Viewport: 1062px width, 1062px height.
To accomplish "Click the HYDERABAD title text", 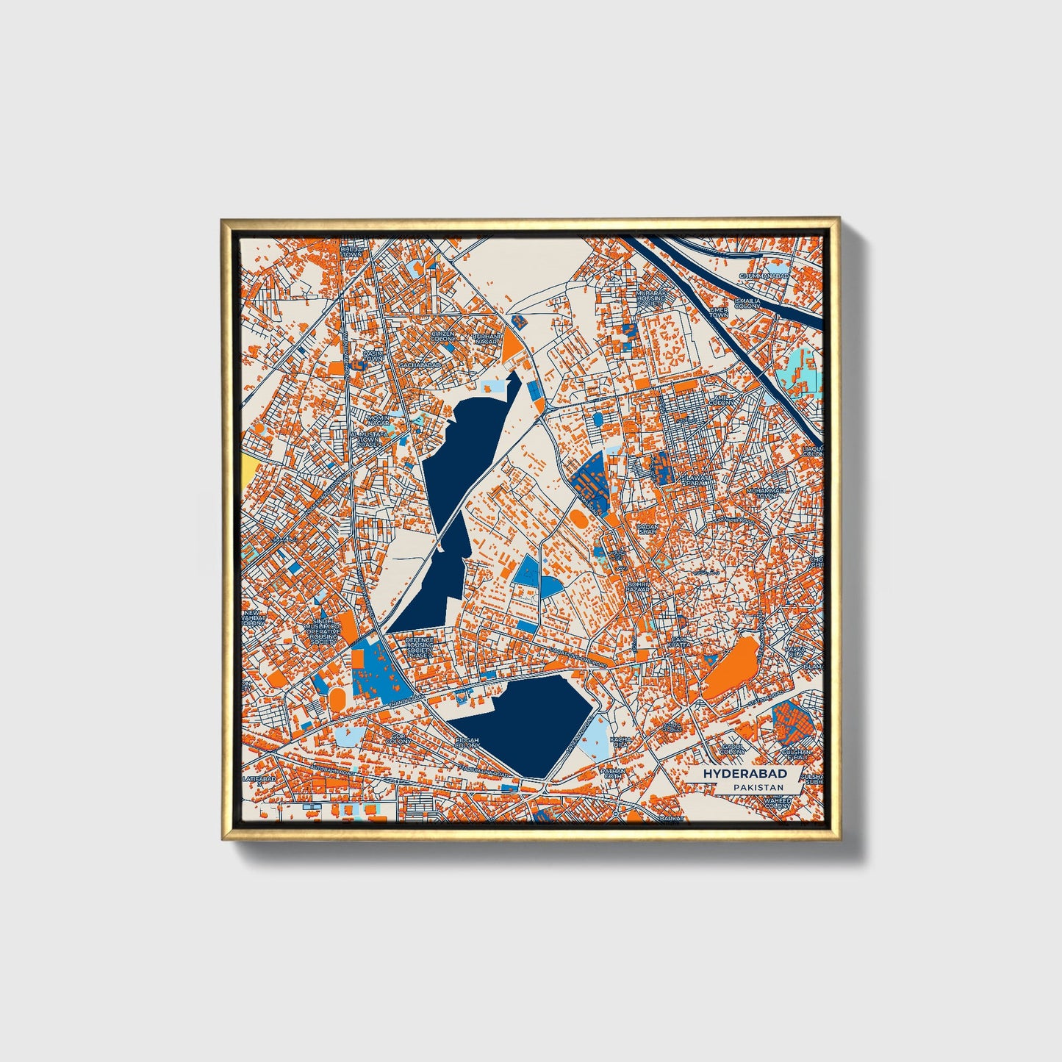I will pos(745,774).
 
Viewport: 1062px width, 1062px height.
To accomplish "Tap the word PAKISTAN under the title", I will pos(758,787).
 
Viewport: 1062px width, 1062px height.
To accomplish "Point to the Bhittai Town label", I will pos(351,252).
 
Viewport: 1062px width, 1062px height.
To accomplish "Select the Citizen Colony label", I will pos(443,336).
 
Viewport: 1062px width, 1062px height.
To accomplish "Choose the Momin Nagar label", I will pos(378,421).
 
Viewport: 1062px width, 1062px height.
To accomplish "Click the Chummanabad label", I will pos(764,276).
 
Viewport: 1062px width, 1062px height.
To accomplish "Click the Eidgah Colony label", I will pos(467,743).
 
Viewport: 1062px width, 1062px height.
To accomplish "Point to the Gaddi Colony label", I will pos(732,748).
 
